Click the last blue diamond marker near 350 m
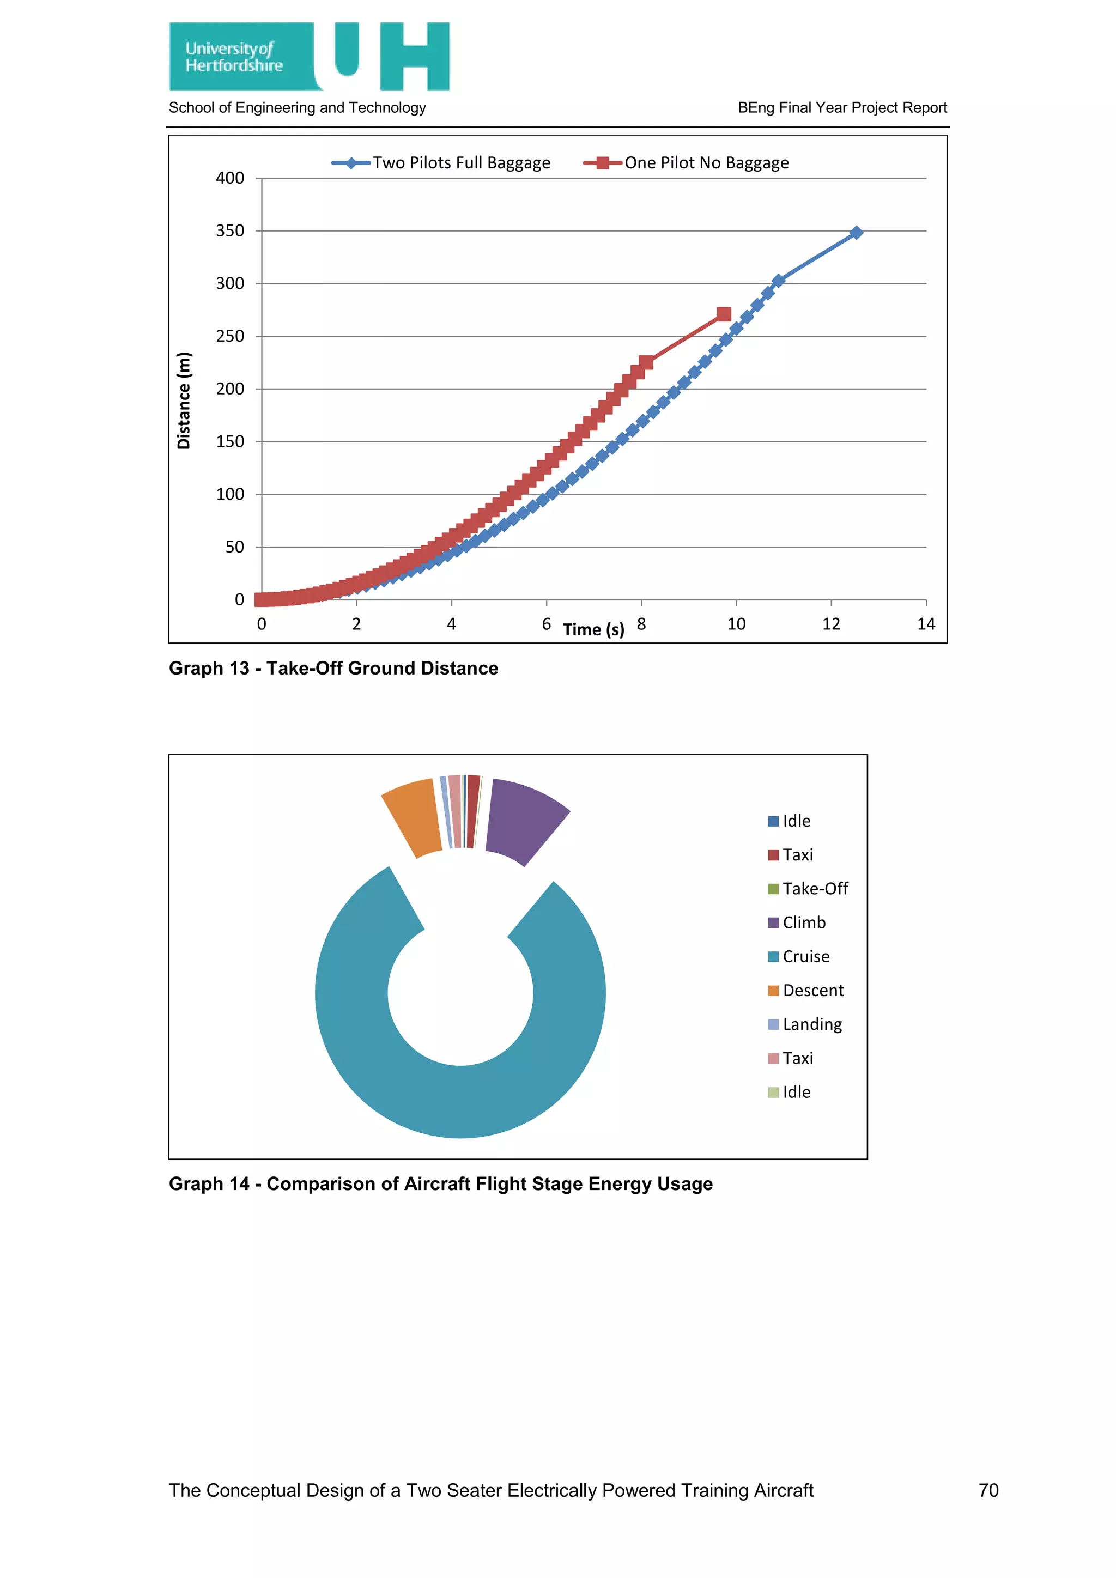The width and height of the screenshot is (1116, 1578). (x=856, y=233)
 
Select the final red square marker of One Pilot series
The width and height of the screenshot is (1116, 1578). (x=724, y=314)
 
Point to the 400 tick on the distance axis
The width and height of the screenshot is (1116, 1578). (x=230, y=178)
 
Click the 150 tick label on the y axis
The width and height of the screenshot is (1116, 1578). (x=230, y=441)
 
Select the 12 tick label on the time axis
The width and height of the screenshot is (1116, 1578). (x=831, y=624)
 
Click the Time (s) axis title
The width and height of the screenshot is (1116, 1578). (x=593, y=629)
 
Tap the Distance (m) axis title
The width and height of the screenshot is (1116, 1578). (x=184, y=400)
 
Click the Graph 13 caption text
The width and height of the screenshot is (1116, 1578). (x=333, y=668)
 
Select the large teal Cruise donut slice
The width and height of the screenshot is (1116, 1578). (x=460, y=1100)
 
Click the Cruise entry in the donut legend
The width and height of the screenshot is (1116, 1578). (x=805, y=957)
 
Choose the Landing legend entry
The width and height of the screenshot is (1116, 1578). (x=811, y=1025)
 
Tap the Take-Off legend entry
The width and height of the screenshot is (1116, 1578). (x=814, y=889)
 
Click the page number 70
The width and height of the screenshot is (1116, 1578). (x=988, y=1490)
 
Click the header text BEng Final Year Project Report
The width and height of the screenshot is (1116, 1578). (x=842, y=108)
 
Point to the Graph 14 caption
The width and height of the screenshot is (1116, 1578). (x=440, y=1183)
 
